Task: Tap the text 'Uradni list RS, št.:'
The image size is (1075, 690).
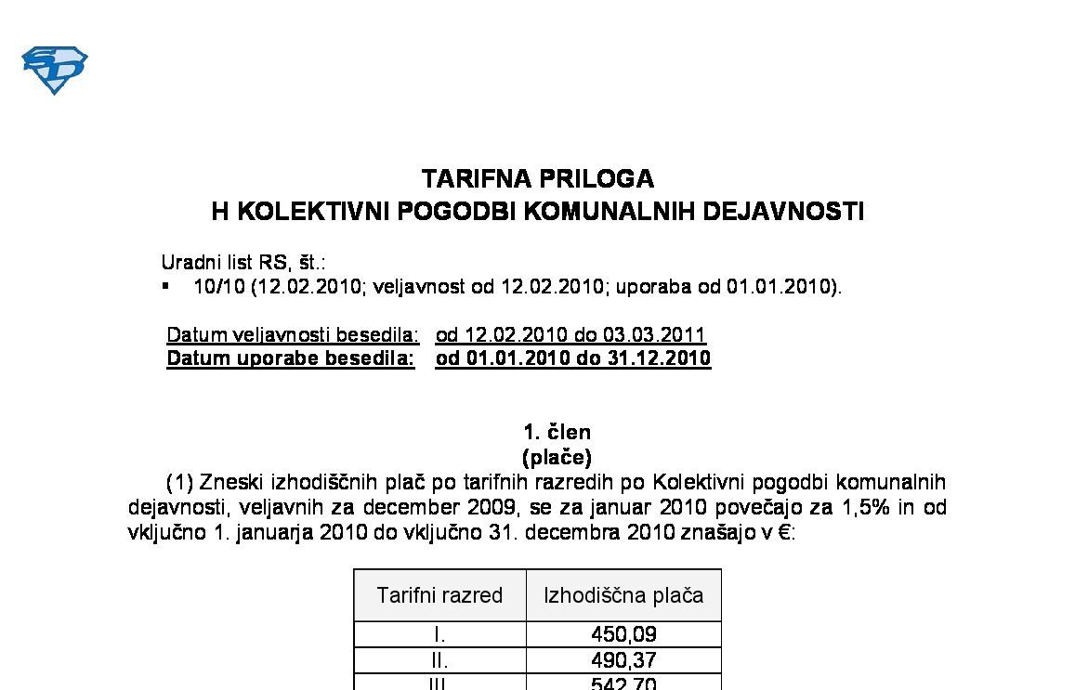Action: coord(243,263)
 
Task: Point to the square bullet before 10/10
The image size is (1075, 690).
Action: coord(166,287)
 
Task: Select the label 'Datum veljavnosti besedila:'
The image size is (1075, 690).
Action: coord(293,334)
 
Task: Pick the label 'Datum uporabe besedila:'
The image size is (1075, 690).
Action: coord(291,358)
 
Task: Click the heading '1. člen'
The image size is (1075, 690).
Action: coord(557,432)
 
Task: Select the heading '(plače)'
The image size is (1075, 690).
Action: coord(557,457)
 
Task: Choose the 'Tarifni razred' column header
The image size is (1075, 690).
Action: coord(439,595)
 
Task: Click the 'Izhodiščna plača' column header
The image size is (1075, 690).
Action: coord(623,595)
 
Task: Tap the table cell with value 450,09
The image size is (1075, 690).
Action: coord(623,635)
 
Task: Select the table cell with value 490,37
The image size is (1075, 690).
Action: coord(623,660)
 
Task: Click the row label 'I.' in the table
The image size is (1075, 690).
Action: coord(439,635)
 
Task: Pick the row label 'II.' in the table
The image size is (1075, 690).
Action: coord(439,660)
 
